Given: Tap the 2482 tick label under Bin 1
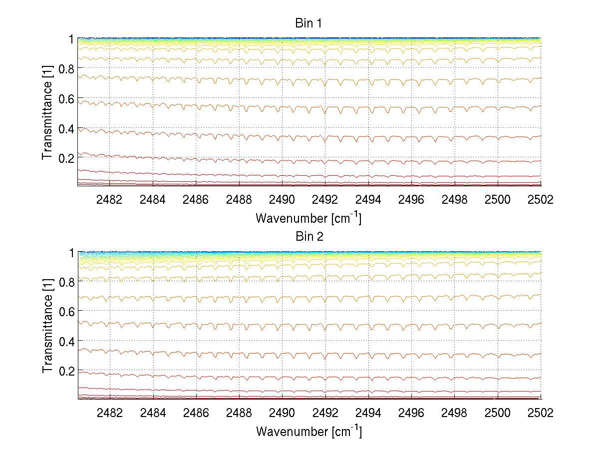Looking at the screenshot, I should [x=109, y=199].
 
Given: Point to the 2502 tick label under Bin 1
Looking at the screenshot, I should [x=541, y=199].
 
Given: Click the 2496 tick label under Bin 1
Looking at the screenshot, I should [x=411, y=199].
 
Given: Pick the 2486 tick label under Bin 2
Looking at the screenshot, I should [x=196, y=413].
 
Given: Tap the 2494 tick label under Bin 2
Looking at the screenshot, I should [x=368, y=413].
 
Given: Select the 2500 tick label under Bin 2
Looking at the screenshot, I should [x=498, y=413].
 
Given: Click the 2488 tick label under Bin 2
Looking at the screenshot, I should [x=239, y=413].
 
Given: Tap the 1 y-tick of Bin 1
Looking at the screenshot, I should [x=71, y=39].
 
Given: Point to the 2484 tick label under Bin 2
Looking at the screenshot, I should [x=152, y=413].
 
